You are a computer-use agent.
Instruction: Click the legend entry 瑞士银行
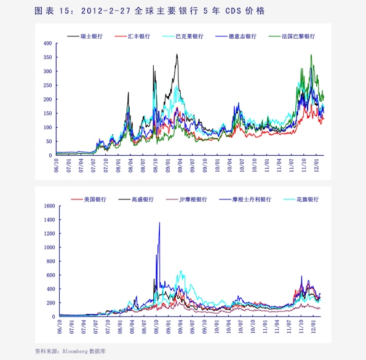[x=85, y=36]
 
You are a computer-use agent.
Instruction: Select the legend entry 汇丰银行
[x=132, y=36]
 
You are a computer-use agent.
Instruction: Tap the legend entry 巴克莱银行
[x=183, y=36]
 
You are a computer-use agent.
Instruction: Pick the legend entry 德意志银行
[x=236, y=36]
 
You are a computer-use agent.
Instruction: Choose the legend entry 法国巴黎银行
[x=292, y=36]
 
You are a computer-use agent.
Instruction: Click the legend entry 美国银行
[x=89, y=199]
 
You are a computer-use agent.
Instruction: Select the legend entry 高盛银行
[x=136, y=199]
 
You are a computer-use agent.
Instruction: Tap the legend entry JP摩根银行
[x=186, y=199]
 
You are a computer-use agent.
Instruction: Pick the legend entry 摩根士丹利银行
[x=245, y=199]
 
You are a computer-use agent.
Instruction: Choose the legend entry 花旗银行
[x=301, y=199]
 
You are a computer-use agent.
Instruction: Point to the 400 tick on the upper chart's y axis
[x=47, y=43]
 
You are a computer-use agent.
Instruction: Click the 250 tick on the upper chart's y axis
[x=47, y=85]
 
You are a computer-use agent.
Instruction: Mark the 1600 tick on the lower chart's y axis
[x=49, y=206]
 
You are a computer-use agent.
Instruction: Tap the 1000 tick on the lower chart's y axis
[x=49, y=247]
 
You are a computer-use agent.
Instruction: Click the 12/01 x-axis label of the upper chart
[x=316, y=166]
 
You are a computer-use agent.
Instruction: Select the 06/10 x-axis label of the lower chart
[x=60, y=327]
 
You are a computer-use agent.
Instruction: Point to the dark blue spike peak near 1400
[x=160, y=222]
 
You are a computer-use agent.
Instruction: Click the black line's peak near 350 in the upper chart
[x=177, y=54]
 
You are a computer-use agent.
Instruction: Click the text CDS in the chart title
[x=233, y=10]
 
